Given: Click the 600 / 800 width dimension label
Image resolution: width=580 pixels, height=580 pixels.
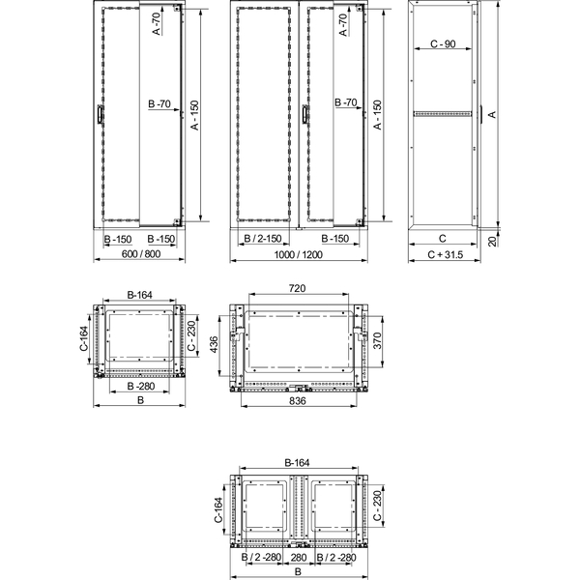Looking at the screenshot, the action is pyautogui.click(x=140, y=253).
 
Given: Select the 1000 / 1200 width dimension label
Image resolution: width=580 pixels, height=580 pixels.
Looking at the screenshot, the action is pyautogui.click(x=298, y=254).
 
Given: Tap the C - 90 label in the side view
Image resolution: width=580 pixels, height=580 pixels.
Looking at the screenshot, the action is pyautogui.click(x=443, y=44).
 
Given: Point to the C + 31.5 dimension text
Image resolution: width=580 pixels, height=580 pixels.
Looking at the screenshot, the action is pyautogui.click(x=445, y=254).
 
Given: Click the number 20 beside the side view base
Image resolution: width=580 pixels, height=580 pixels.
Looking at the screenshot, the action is pyautogui.click(x=492, y=241).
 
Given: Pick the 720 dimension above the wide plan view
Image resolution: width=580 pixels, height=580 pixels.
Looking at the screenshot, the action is pyautogui.click(x=297, y=288).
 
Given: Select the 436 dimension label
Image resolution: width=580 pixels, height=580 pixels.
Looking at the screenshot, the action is pyautogui.click(x=214, y=344).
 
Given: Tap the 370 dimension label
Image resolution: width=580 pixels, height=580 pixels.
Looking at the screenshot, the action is pyautogui.click(x=377, y=340).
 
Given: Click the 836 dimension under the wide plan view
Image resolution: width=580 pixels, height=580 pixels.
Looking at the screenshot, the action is pyautogui.click(x=298, y=400).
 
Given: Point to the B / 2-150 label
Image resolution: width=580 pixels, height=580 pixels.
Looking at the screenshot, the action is pyautogui.click(x=263, y=239).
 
